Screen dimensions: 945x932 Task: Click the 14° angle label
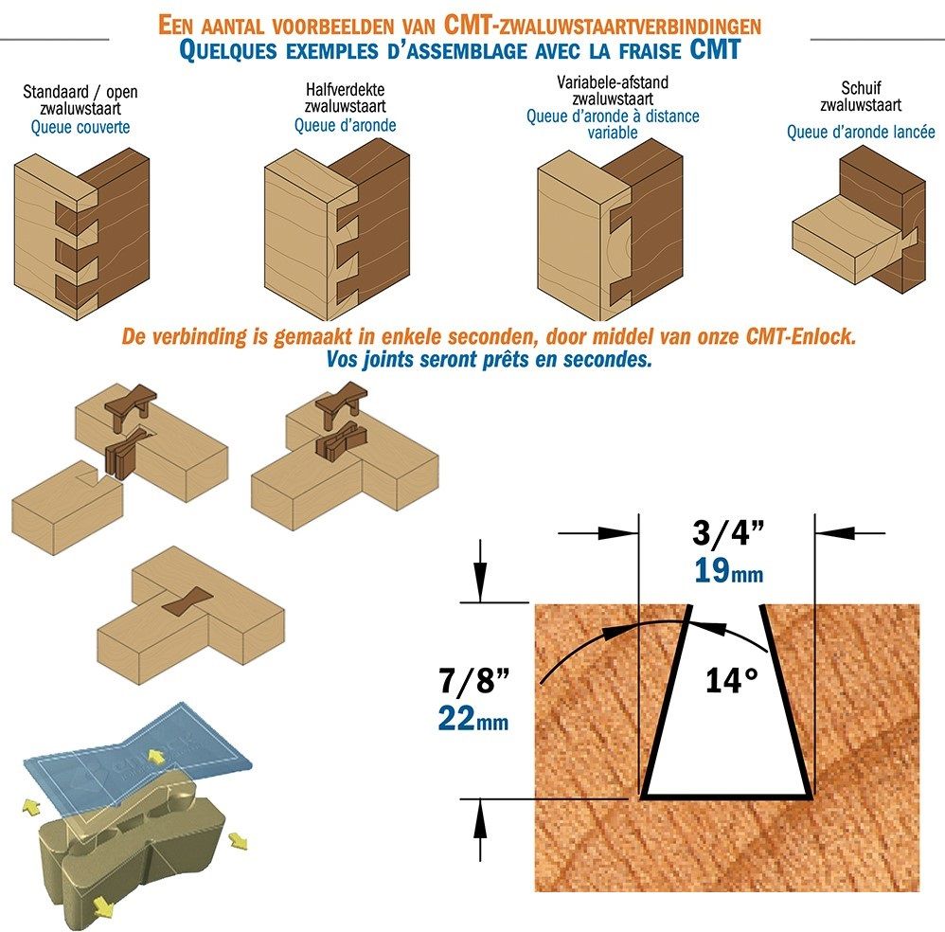point(731,680)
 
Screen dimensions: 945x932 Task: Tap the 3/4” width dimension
point(728,533)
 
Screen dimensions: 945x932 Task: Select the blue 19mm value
point(728,570)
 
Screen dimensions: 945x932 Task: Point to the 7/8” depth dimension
point(473,681)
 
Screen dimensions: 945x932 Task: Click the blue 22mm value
point(473,718)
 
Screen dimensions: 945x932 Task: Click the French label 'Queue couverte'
point(80,127)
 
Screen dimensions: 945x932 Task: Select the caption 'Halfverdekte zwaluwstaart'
point(345,99)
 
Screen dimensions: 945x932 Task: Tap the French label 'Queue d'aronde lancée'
point(861,132)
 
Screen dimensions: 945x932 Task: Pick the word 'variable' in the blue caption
point(613,133)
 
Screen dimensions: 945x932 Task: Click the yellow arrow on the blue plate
point(155,757)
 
